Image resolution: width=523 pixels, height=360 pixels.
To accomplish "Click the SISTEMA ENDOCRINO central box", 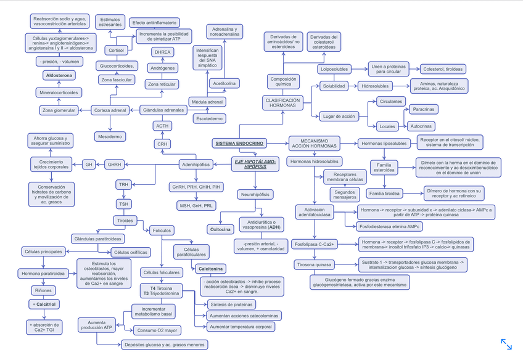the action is pos(239,144).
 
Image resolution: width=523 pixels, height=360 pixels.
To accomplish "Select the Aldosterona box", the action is pos(58,75).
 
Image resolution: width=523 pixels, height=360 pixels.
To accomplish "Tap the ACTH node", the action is pos(162,126).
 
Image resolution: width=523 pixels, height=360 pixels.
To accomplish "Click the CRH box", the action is pos(162,144).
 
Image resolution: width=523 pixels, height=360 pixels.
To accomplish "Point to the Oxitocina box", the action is pos(220,229).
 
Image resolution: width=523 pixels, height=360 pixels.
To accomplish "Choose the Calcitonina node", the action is pos(210,269).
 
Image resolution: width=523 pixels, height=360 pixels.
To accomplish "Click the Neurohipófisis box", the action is pos(255,195).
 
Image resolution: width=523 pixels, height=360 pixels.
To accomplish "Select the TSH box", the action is pos(124,203).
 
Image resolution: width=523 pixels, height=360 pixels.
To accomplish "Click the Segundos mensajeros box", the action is pos(346,195).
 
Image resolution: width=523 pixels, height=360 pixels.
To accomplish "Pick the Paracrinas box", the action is pos(423,109).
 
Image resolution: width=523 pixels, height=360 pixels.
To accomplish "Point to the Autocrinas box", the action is pos(421,126).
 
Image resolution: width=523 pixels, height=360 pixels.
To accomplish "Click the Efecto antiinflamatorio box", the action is pos(155,23).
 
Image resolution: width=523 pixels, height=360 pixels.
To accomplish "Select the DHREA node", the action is pos(162,52).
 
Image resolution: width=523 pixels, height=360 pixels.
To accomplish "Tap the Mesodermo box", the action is pos(110,136).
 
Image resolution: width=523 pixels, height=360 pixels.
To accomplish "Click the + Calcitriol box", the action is pos(43,304).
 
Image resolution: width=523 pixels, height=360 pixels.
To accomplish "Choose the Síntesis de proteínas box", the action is pos(231,305).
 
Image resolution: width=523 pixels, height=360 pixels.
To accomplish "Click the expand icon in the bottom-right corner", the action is pos(506,344).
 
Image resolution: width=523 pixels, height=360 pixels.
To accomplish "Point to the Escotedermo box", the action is pos(210,118).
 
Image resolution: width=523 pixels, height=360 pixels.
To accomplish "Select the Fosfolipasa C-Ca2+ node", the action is pos(314,244).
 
